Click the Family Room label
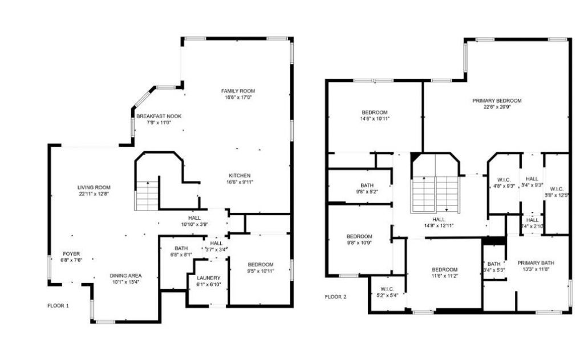pos(238,91)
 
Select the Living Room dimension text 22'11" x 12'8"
pos(94,195)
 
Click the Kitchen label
pos(240,175)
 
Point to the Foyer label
pos(71,254)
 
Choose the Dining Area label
pos(125,276)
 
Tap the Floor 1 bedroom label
pos(260,265)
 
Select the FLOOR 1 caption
pos(58,306)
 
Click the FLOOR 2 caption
pos(335,297)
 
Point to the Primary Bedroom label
pos(497,101)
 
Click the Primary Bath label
pos(536,263)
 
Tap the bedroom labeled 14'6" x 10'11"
pos(375,112)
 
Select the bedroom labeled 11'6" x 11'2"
pos(444,269)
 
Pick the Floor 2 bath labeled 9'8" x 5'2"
pos(367,185)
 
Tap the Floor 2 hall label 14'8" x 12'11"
pos(439,219)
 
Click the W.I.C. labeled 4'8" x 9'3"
pos(504,180)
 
